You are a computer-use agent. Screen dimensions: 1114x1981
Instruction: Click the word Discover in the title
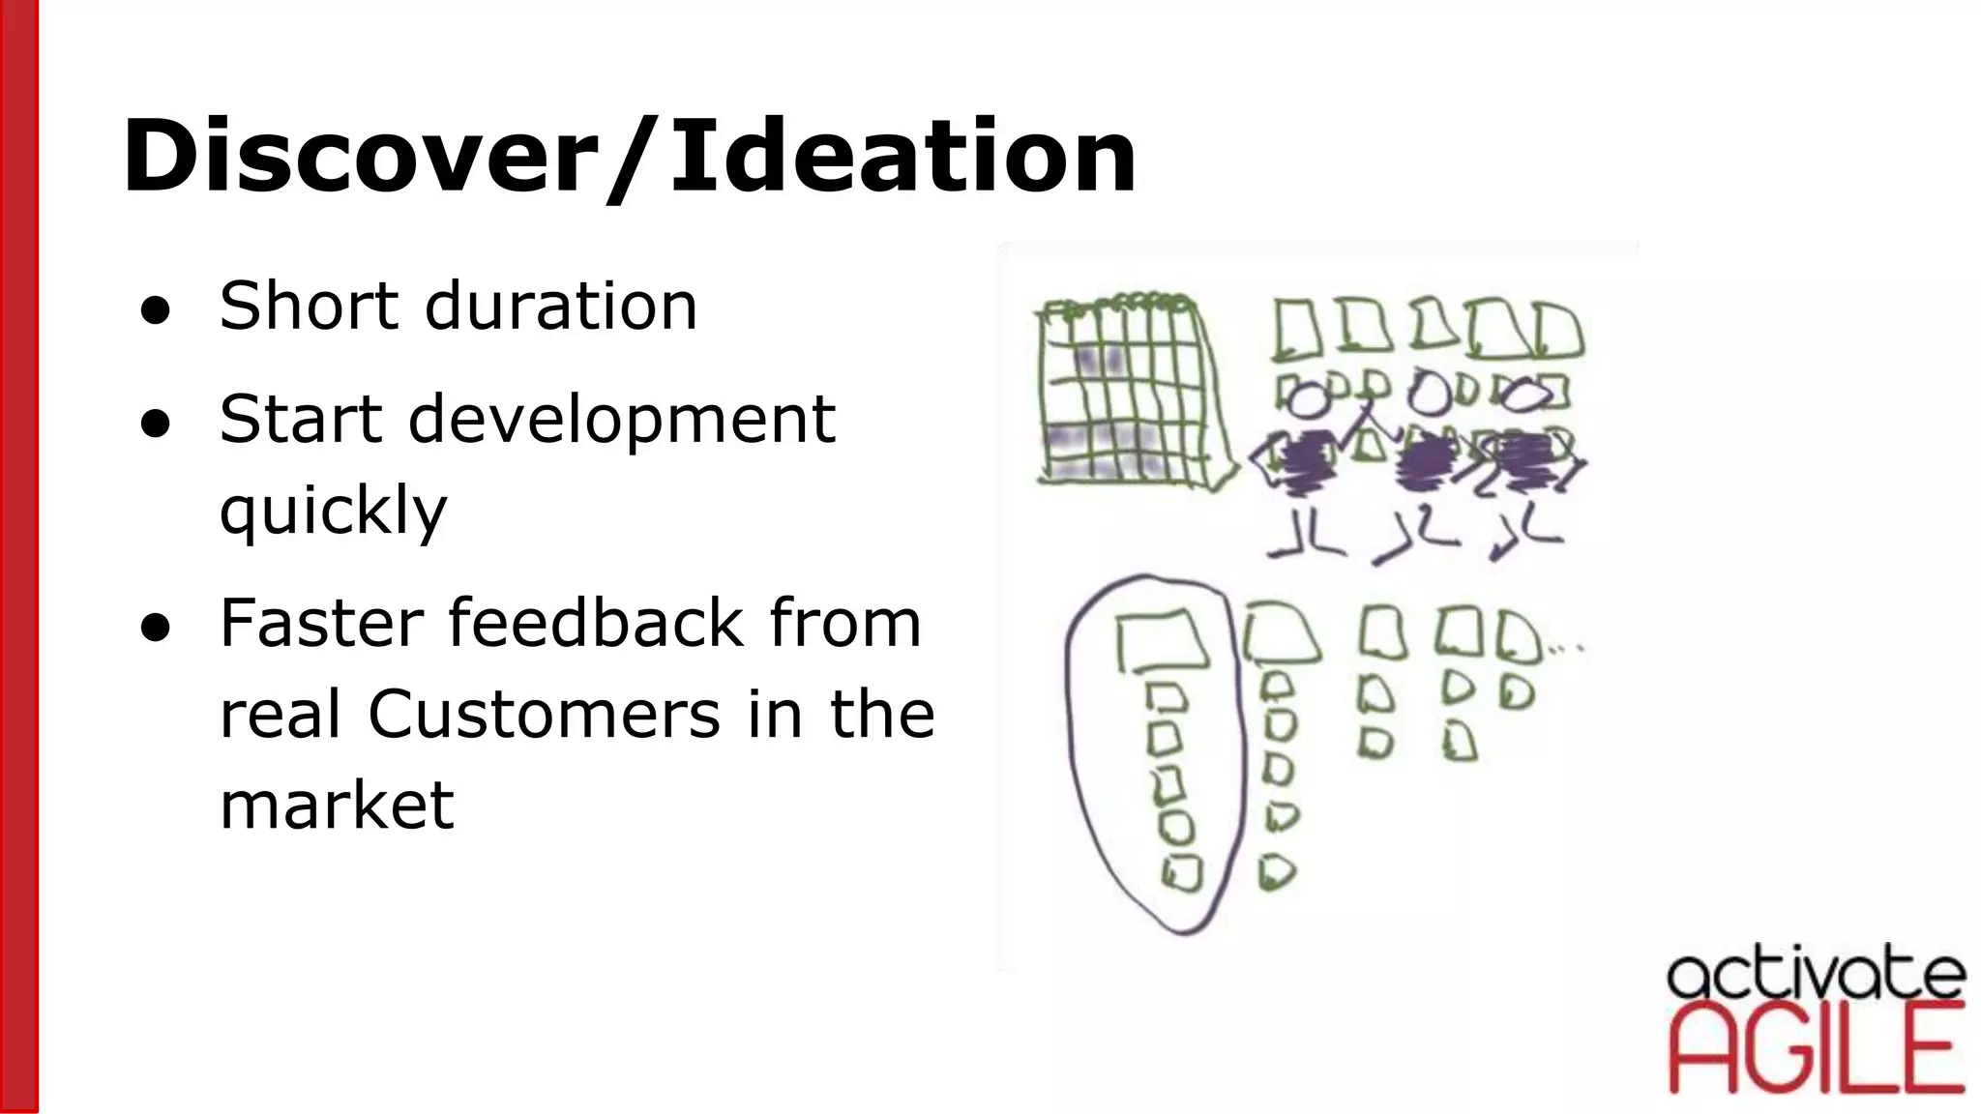tap(354, 155)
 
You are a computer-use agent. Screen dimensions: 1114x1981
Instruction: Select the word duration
tap(561, 306)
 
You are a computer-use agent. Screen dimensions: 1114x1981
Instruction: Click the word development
tap(621, 420)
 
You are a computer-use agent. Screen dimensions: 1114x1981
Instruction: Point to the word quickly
tap(333, 511)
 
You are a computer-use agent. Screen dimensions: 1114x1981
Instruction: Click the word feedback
tap(596, 623)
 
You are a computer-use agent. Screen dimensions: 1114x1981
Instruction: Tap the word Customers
tap(544, 715)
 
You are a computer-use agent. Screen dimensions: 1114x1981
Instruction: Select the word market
tap(337, 806)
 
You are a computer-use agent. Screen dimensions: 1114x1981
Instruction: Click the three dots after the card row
tap(1565, 649)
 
